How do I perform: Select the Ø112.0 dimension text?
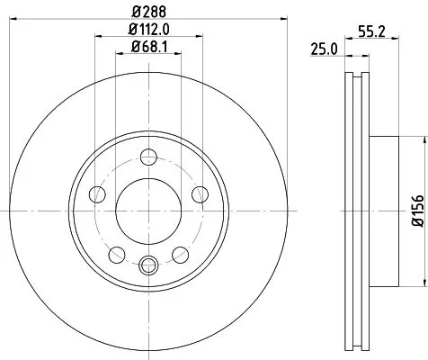pos(147,31)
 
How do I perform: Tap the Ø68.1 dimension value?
pos(147,46)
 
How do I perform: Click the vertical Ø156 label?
pos(416,209)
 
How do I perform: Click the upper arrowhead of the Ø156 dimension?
pos(420,139)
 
